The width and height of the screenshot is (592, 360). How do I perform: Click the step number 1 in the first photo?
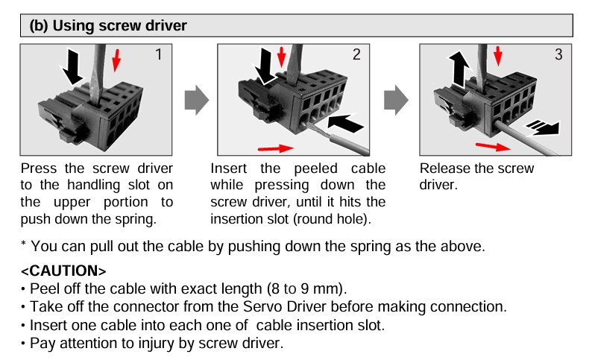[159, 54]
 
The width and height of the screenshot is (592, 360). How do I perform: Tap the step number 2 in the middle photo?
[357, 54]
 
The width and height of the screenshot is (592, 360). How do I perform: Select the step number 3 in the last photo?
[558, 54]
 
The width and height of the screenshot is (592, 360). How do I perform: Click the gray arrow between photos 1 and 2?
[196, 100]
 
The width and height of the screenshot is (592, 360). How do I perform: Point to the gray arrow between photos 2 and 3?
[396, 100]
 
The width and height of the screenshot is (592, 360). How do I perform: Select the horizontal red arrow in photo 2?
[275, 148]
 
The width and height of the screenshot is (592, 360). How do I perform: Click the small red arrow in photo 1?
[116, 60]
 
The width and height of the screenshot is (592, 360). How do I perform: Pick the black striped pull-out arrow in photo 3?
[543, 128]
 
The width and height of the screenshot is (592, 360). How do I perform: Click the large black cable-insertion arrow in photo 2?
[345, 123]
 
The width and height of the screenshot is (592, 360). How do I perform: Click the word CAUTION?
[64, 271]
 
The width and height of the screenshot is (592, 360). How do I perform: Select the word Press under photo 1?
[39, 168]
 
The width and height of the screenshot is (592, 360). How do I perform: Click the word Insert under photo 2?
[229, 168]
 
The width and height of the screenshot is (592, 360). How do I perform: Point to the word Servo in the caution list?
[262, 306]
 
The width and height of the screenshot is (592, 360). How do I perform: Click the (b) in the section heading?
[39, 25]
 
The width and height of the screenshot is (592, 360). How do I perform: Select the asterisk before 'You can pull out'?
[23, 243]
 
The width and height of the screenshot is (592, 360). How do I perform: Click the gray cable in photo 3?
[525, 138]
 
